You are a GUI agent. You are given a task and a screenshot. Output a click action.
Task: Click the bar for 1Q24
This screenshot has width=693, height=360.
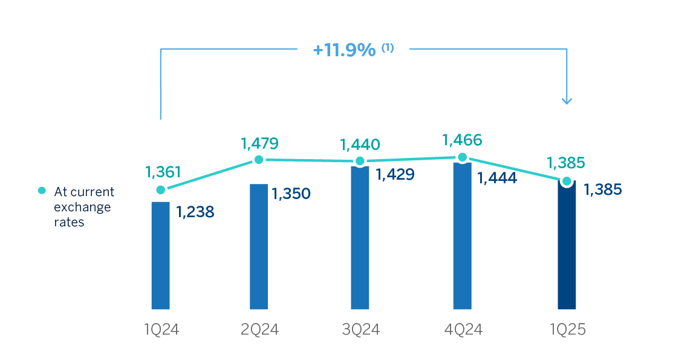[x=160, y=255]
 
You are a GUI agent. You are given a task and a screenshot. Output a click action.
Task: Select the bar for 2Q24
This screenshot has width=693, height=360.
[x=259, y=246]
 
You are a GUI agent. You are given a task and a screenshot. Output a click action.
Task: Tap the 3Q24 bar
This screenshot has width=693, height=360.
[x=360, y=238]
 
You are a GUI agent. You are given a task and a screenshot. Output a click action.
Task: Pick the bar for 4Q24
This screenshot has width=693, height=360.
[x=462, y=236]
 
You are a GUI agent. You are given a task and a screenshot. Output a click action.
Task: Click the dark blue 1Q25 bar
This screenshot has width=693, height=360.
[x=567, y=245]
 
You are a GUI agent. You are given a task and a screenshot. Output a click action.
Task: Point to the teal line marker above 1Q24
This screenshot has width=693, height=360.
[x=160, y=189]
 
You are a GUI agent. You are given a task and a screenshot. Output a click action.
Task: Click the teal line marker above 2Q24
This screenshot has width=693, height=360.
[x=259, y=160]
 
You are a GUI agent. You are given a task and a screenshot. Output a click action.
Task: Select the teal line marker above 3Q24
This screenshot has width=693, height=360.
[x=360, y=162]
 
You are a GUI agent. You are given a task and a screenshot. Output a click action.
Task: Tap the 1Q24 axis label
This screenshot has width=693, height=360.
[x=161, y=330]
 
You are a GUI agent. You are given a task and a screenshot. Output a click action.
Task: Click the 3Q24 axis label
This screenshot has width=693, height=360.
[x=360, y=330]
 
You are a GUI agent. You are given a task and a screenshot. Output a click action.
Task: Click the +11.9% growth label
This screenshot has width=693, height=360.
[x=344, y=50]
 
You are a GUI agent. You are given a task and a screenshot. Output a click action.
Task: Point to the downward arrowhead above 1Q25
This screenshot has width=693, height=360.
[x=567, y=100]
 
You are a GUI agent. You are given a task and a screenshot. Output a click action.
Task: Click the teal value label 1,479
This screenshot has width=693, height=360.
[x=259, y=143]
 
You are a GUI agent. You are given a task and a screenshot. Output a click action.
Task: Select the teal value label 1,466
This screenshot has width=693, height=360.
[x=462, y=140]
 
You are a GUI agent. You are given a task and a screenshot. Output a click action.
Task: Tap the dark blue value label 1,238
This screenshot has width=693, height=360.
[x=195, y=212]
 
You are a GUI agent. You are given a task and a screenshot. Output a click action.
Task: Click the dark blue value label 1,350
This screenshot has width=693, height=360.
[x=291, y=194]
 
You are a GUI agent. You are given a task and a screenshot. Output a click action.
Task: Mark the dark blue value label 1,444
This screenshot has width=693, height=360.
[x=497, y=178]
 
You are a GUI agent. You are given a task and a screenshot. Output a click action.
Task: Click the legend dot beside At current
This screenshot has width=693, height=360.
[x=42, y=191]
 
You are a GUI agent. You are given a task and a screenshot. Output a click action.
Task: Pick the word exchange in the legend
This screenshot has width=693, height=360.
[x=83, y=207]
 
